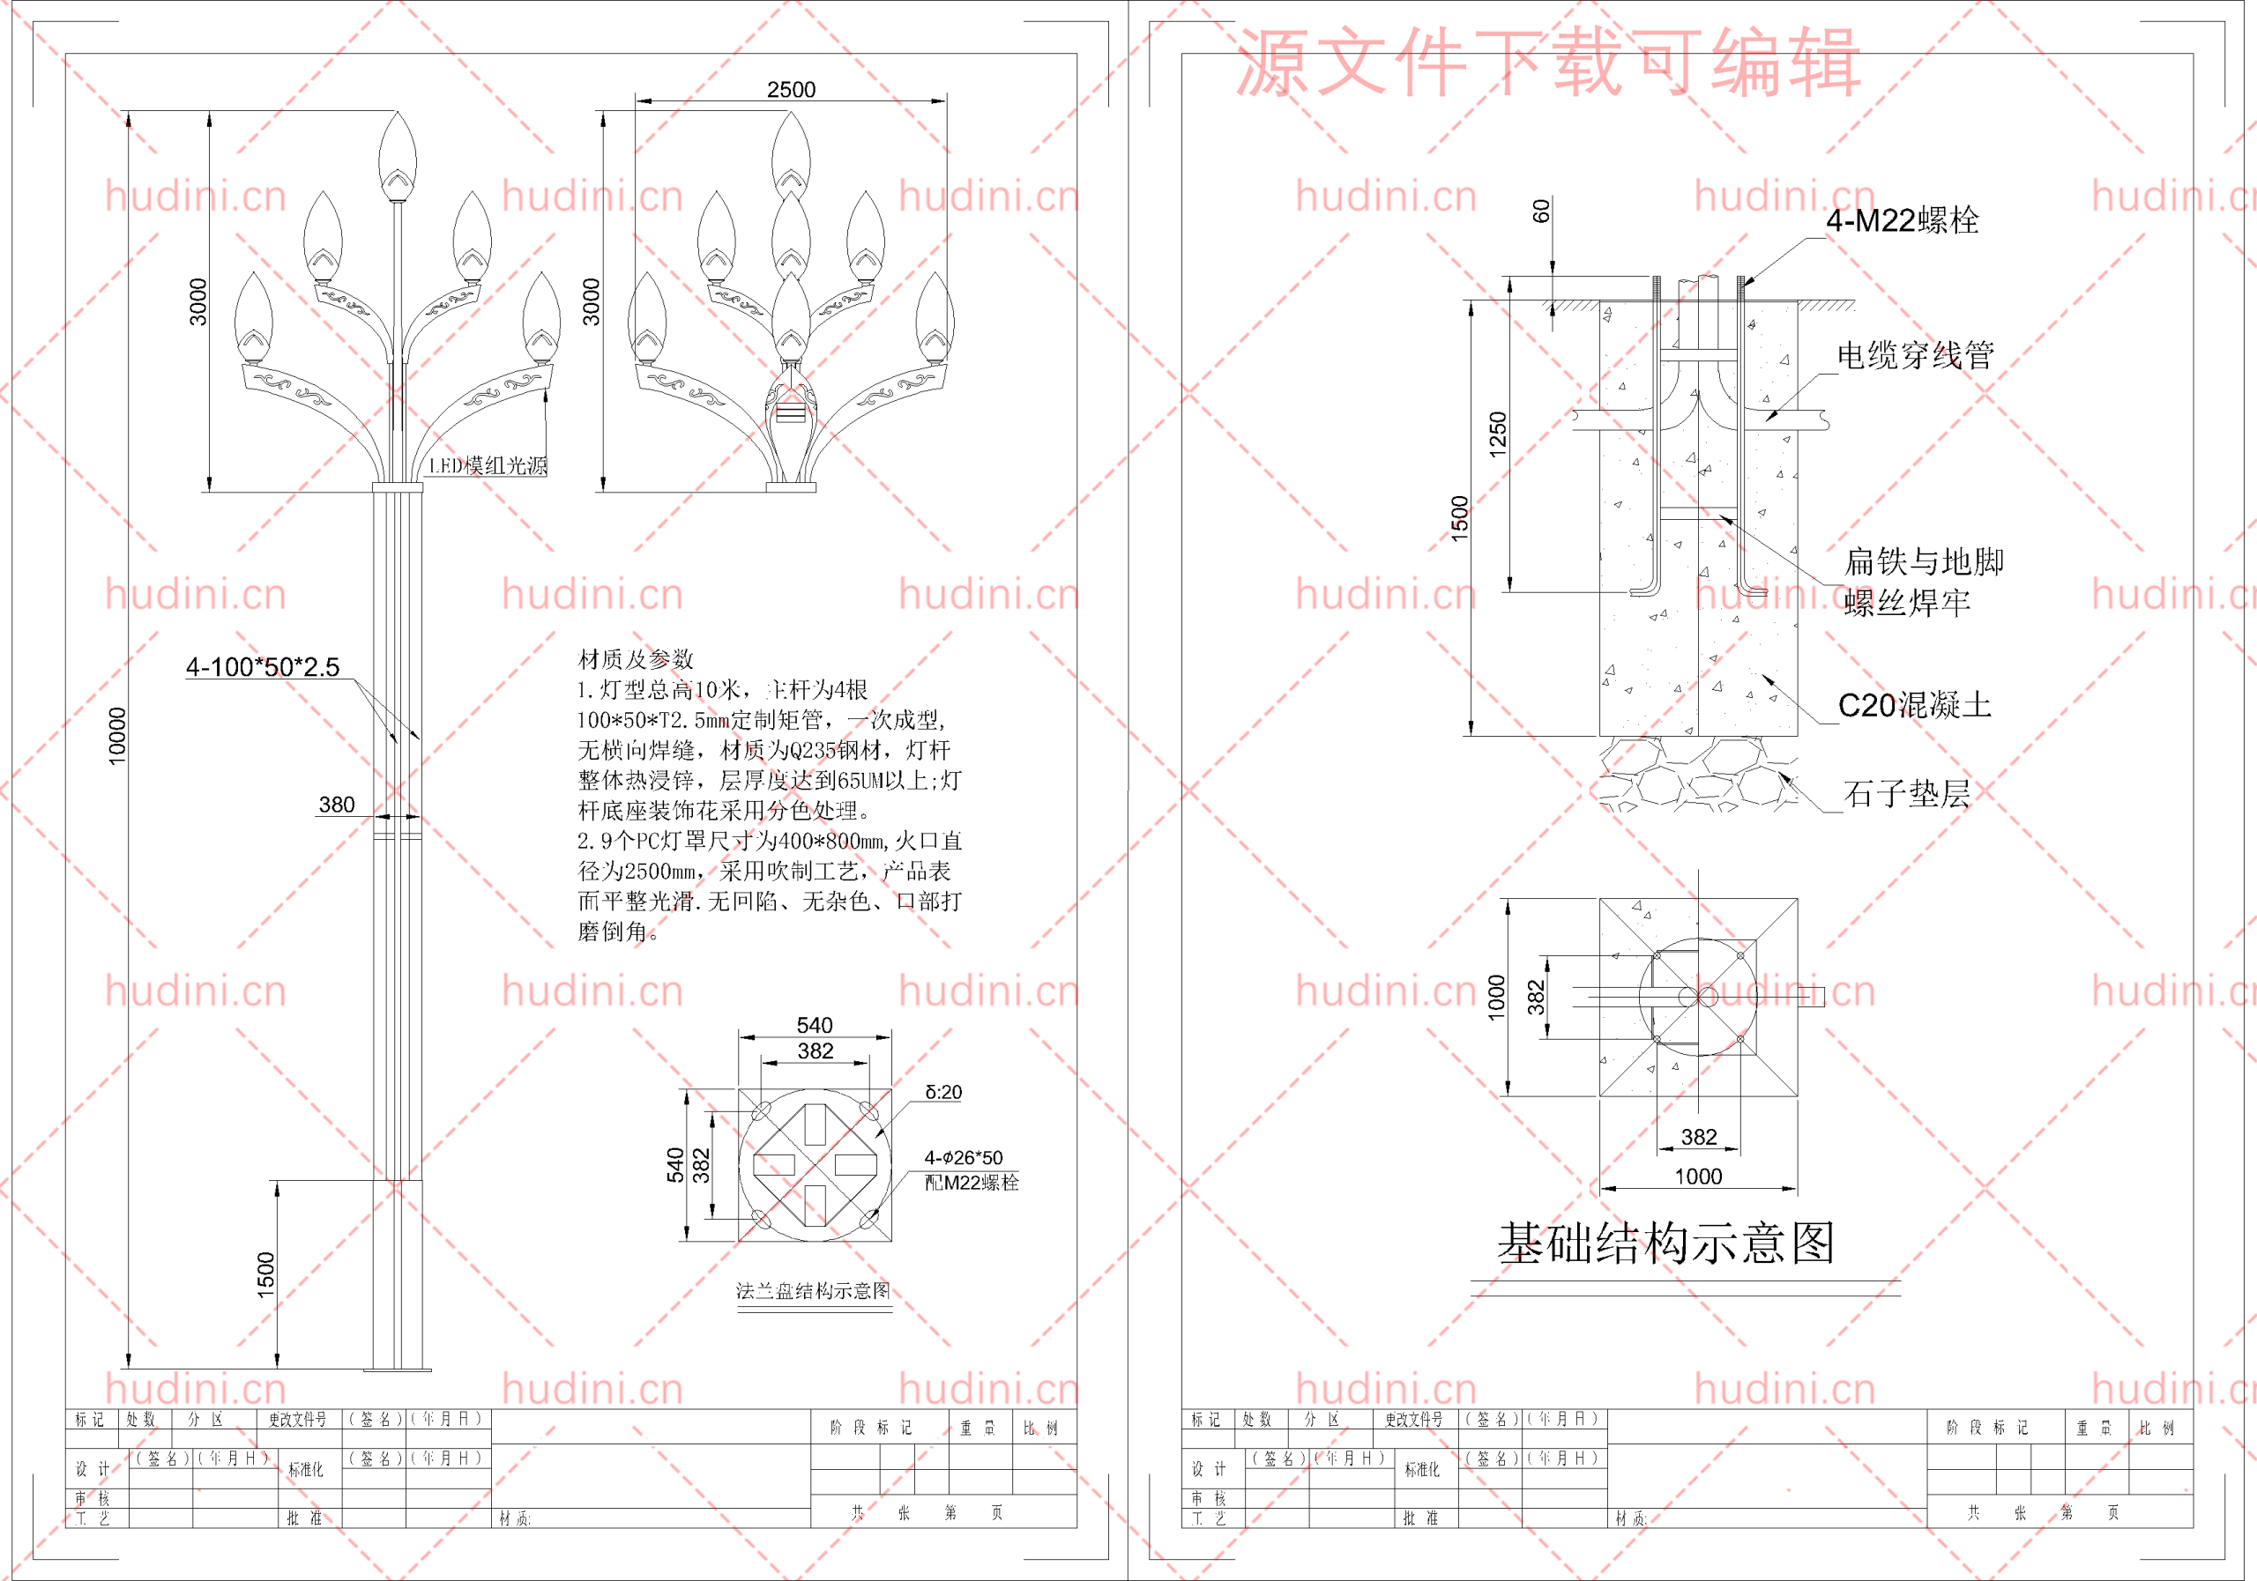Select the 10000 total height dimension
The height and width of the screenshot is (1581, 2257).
[117, 736]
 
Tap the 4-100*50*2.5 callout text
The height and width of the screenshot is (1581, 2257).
[263, 667]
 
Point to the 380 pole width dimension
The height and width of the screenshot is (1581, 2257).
[336, 805]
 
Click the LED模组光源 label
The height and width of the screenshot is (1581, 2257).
[488, 465]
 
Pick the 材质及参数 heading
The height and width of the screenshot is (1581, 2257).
[635, 658]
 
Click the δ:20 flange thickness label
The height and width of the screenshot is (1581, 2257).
[942, 1092]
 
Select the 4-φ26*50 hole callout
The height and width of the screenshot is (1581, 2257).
[964, 1157]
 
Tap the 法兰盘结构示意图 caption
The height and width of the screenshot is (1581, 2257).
[813, 1290]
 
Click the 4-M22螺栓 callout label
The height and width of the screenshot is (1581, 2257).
[1902, 220]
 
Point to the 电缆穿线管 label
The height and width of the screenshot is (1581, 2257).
[1915, 356]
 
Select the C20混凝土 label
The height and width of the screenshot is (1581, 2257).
[1914, 704]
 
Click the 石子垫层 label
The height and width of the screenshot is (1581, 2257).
[1906, 793]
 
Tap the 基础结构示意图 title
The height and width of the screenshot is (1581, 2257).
[1665, 1243]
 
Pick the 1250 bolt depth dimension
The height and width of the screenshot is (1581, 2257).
[1497, 434]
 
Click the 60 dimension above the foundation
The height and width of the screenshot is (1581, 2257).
[1541, 211]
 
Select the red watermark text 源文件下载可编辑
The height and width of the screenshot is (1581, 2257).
[1547, 63]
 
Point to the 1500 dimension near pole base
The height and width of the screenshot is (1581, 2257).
[265, 1274]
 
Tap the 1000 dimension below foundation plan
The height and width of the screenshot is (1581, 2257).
[1698, 1176]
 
